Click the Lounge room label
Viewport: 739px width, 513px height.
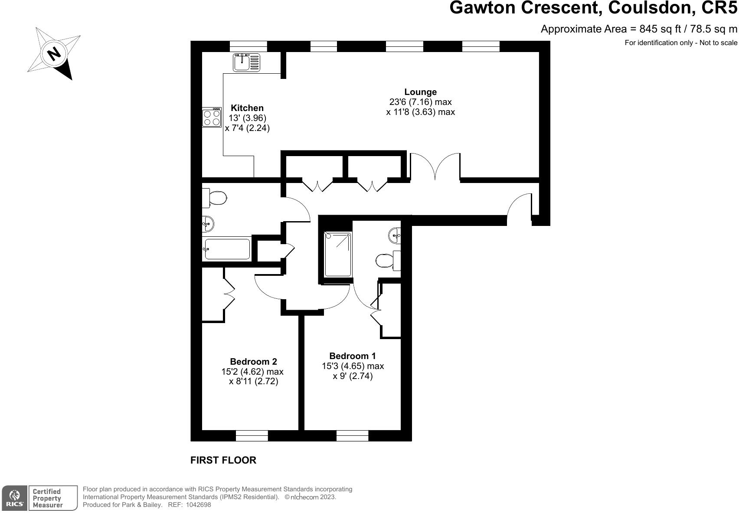click(x=420, y=92)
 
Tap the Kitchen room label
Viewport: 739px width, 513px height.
click(x=247, y=108)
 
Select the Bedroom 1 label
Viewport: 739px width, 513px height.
click(x=352, y=356)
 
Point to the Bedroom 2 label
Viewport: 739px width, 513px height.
click(x=253, y=362)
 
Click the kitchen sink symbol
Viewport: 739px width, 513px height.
click(x=246, y=62)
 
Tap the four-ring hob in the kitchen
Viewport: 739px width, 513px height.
click(x=212, y=118)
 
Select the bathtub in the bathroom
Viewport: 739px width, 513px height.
click(x=227, y=249)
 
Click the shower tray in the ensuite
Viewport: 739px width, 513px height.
click(x=338, y=254)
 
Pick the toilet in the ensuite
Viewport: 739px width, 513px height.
click(x=388, y=261)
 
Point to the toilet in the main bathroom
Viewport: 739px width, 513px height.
click(x=214, y=198)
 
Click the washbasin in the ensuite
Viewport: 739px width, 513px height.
click(x=395, y=235)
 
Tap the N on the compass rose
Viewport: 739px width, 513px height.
click(x=54, y=53)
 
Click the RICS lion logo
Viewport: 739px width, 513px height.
click(x=14, y=498)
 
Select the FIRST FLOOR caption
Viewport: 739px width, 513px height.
click(x=223, y=460)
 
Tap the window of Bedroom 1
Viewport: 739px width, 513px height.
click(x=352, y=435)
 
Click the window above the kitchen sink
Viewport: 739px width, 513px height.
click(x=248, y=46)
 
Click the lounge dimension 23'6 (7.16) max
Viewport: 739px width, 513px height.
click(x=420, y=102)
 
